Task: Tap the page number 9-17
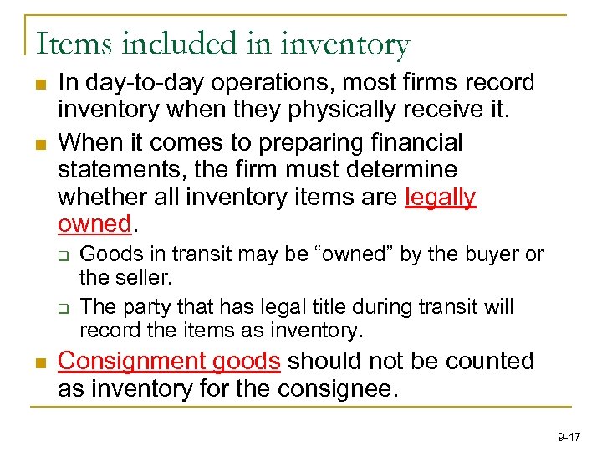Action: click(569, 437)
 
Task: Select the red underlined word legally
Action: click(440, 198)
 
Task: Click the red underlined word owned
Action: click(94, 225)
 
